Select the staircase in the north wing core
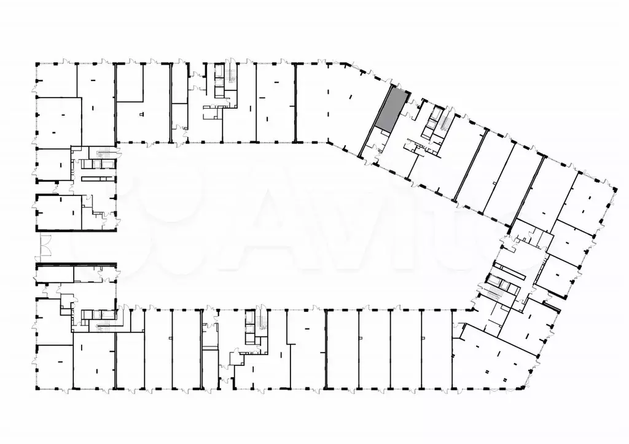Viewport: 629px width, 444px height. click(232, 78)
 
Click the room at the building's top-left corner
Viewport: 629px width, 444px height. click(56, 79)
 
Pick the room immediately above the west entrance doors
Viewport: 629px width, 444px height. click(58, 212)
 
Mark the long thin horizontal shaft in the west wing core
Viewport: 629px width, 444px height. click(98, 178)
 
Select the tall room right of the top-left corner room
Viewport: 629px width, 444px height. click(95, 101)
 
